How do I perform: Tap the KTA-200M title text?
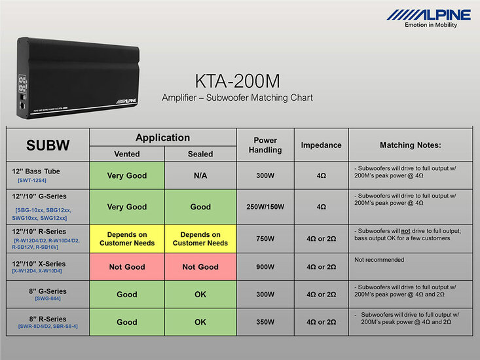click(237, 81)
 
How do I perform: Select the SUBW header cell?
click(47, 145)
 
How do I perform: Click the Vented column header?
click(127, 154)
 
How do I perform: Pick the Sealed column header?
click(200, 154)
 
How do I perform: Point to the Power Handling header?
click(265, 145)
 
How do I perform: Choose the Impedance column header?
click(321, 145)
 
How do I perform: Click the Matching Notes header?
click(411, 145)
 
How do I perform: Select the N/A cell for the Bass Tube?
click(200, 175)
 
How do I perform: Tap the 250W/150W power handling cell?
click(265, 207)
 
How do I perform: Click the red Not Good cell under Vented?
click(127, 267)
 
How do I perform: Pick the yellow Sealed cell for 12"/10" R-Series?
click(200, 239)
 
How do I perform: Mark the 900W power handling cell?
click(265, 267)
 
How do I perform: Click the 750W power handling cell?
click(265, 239)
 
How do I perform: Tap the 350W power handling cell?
click(265, 322)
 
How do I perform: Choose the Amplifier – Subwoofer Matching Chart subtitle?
click(237, 98)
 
